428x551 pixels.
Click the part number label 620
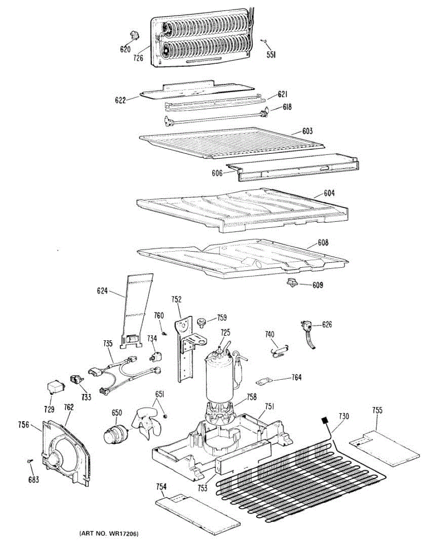click(x=125, y=49)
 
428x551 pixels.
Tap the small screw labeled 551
click(x=265, y=42)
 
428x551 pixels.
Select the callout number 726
click(x=138, y=58)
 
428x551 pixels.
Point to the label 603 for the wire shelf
click(x=307, y=131)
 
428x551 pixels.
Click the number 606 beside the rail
click(x=217, y=173)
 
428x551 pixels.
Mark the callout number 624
click(x=102, y=290)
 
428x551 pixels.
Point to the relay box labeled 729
click(x=55, y=388)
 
